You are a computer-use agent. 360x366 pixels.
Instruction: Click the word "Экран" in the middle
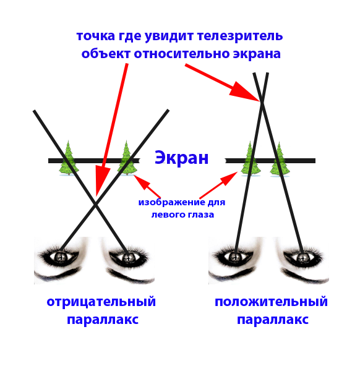(x=181, y=158)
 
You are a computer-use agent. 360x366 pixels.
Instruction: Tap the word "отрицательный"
(x=101, y=302)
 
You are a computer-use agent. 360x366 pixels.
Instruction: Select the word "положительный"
(x=271, y=302)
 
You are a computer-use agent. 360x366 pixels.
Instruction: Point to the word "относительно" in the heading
(x=182, y=54)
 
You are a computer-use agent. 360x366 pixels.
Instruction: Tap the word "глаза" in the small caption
(x=202, y=215)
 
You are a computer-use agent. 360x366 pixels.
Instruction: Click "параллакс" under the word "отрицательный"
(x=103, y=319)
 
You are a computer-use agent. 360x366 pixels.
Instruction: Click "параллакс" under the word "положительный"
(x=273, y=319)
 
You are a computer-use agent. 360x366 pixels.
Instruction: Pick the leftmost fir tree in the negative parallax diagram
(x=69, y=158)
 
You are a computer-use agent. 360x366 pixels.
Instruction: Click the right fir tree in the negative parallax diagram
(x=127, y=158)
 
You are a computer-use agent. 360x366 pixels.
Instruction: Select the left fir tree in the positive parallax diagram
(x=251, y=158)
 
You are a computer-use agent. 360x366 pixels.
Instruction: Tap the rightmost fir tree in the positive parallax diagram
(x=280, y=160)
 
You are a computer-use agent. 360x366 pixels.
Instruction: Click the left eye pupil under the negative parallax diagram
(x=61, y=257)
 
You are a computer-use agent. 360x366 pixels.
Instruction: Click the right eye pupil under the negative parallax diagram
(x=127, y=257)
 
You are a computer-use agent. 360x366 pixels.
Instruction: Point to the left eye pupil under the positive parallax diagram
(x=235, y=257)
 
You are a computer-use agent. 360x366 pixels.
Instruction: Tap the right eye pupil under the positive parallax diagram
(x=302, y=257)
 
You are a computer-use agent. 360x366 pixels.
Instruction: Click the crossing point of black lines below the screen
(x=95, y=205)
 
